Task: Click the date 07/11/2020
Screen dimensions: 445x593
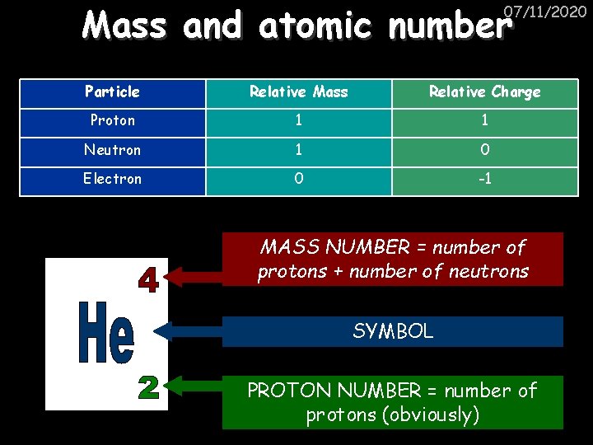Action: tap(545, 12)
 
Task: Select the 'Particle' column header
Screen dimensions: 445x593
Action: tap(112, 91)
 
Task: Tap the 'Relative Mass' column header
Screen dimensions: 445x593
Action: tap(298, 91)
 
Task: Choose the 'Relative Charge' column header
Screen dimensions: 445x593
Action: tap(484, 91)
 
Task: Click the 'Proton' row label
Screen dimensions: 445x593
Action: tap(112, 120)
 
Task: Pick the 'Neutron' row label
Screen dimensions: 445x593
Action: tap(112, 149)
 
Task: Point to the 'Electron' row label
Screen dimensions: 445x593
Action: tap(112, 178)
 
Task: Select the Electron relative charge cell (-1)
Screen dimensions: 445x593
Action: tap(484, 178)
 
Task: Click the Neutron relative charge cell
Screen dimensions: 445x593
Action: tap(484, 149)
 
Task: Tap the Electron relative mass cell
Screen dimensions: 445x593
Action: tap(298, 178)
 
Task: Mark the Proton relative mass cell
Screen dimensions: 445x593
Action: tap(298, 120)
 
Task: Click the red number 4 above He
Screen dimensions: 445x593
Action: tap(147, 279)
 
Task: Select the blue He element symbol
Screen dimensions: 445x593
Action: tap(105, 333)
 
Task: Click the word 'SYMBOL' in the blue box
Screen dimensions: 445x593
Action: tap(392, 331)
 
